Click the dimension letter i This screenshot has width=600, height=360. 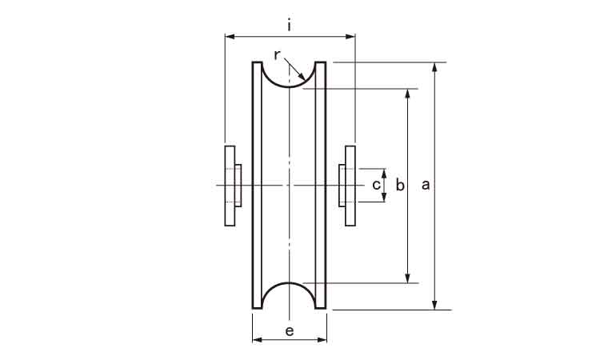pyautogui.click(x=290, y=26)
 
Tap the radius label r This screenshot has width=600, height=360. pyautogui.click(x=278, y=55)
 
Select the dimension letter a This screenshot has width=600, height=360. pyautogui.click(x=426, y=185)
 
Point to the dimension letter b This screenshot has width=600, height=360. pyautogui.click(x=400, y=185)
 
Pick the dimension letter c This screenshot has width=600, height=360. pyautogui.click(x=377, y=185)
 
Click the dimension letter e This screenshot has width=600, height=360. pyautogui.click(x=290, y=331)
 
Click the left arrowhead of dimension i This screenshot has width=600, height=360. pyautogui.click(x=230, y=37)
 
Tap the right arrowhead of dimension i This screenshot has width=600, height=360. pyautogui.click(x=350, y=37)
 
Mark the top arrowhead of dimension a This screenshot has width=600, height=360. pyautogui.click(x=434, y=67)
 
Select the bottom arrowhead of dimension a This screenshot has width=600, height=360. pyautogui.click(x=434, y=305)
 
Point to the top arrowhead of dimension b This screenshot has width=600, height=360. pyautogui.click(x=408, y=94)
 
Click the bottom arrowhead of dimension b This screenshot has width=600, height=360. pyautogui.click(x=408, y=278)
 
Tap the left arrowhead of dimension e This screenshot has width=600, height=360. pyautogui.click(x=258, y=339)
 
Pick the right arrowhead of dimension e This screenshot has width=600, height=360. pyautogui.click(x=322, y=339)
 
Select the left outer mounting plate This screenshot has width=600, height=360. pyautogui.click(x=230, y=186)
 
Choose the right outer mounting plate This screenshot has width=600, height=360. pyautogui.click(x=350, y=186)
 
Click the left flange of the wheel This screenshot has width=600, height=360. pyautogui.click(x=257, y=185)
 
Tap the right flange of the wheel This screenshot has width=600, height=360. pyautogui.click(x=320, y=185)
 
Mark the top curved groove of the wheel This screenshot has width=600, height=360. pyautogui.click(x=289, y=87)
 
